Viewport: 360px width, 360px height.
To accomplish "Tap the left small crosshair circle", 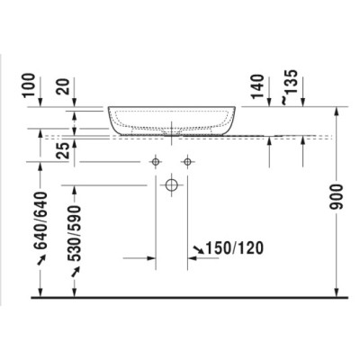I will coord(156,162).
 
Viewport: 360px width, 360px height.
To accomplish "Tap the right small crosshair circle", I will coord(187,162).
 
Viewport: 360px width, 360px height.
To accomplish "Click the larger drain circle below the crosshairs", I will coord(171,187).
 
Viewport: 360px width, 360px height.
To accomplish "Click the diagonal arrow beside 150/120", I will coord(195,248).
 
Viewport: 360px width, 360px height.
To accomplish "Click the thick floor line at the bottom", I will coord(180,297).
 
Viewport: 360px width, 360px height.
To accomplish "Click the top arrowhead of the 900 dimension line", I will coord(337,110).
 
